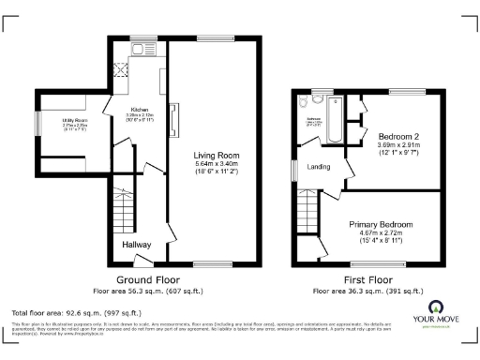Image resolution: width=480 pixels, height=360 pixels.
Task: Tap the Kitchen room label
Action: click(140, 109)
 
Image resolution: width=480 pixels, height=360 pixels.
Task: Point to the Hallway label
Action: click(137, 245)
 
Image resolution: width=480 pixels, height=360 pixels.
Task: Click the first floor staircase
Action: click(310, 209)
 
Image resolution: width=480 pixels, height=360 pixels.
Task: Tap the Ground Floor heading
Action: click(148, 279)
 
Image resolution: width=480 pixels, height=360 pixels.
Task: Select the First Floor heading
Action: click(367, 279)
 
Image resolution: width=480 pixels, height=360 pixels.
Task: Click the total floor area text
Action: click(75, 312)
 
